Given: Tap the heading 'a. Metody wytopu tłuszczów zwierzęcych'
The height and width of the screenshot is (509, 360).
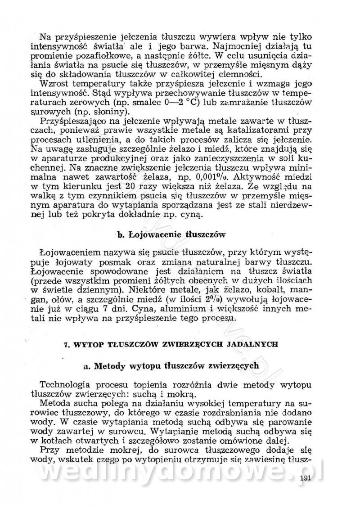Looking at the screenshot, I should [171, 365].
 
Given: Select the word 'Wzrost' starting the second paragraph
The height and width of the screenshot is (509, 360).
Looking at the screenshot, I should [54, 84].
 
